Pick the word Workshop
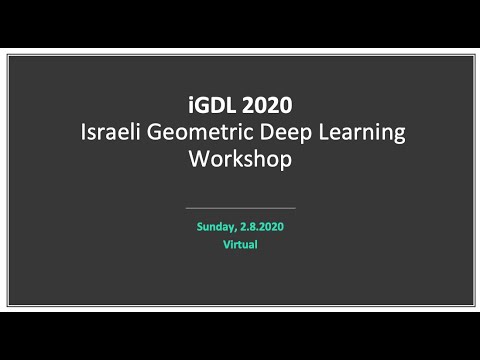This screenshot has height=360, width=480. click(240, 159)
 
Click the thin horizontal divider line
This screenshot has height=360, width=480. click(240, 208)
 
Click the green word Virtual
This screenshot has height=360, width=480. click(240, 244)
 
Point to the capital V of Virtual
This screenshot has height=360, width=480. click(226, 244)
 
